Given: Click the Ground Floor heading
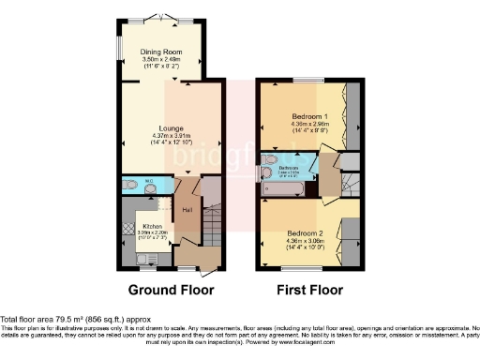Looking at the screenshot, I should [171, 289].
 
